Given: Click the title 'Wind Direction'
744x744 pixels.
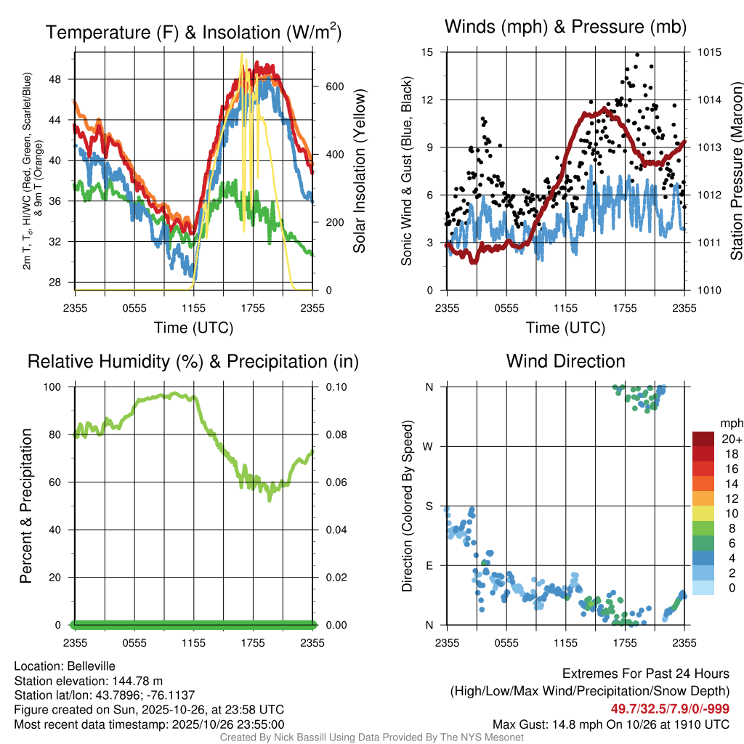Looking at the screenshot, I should coord(565,361).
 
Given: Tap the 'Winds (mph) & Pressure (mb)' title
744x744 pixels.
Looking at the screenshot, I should coord(565,28).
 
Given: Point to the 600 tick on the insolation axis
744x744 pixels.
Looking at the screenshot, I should coord(328,86).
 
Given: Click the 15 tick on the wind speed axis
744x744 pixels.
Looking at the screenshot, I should coord(427,52).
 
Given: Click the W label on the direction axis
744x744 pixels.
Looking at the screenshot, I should coord(429,446).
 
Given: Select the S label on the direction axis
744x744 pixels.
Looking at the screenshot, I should coord(429,506).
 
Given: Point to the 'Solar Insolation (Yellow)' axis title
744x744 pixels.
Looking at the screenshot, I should coord(360,171).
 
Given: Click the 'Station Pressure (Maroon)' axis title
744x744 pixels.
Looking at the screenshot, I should coord(735,171).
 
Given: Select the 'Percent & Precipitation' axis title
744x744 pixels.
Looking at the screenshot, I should coord(26,506).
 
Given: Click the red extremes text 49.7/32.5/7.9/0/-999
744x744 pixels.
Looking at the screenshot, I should coord(670,709).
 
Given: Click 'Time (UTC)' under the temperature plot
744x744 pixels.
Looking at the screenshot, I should coord(193,328).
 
